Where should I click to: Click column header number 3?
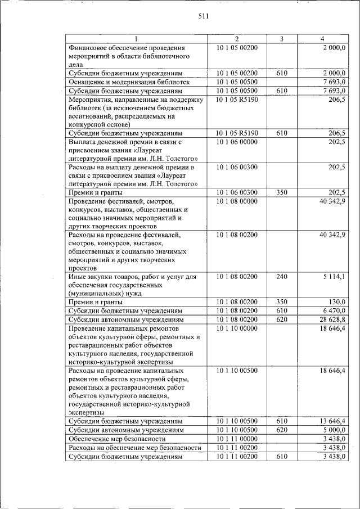[282, 39]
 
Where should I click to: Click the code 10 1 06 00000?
[237, 142]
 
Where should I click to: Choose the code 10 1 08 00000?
[237, 201]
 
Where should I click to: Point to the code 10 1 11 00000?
[237, 438]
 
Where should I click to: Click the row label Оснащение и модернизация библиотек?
[128, 82]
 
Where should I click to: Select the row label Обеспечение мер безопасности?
[117, 438]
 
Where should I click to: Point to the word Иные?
[76, 276]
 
